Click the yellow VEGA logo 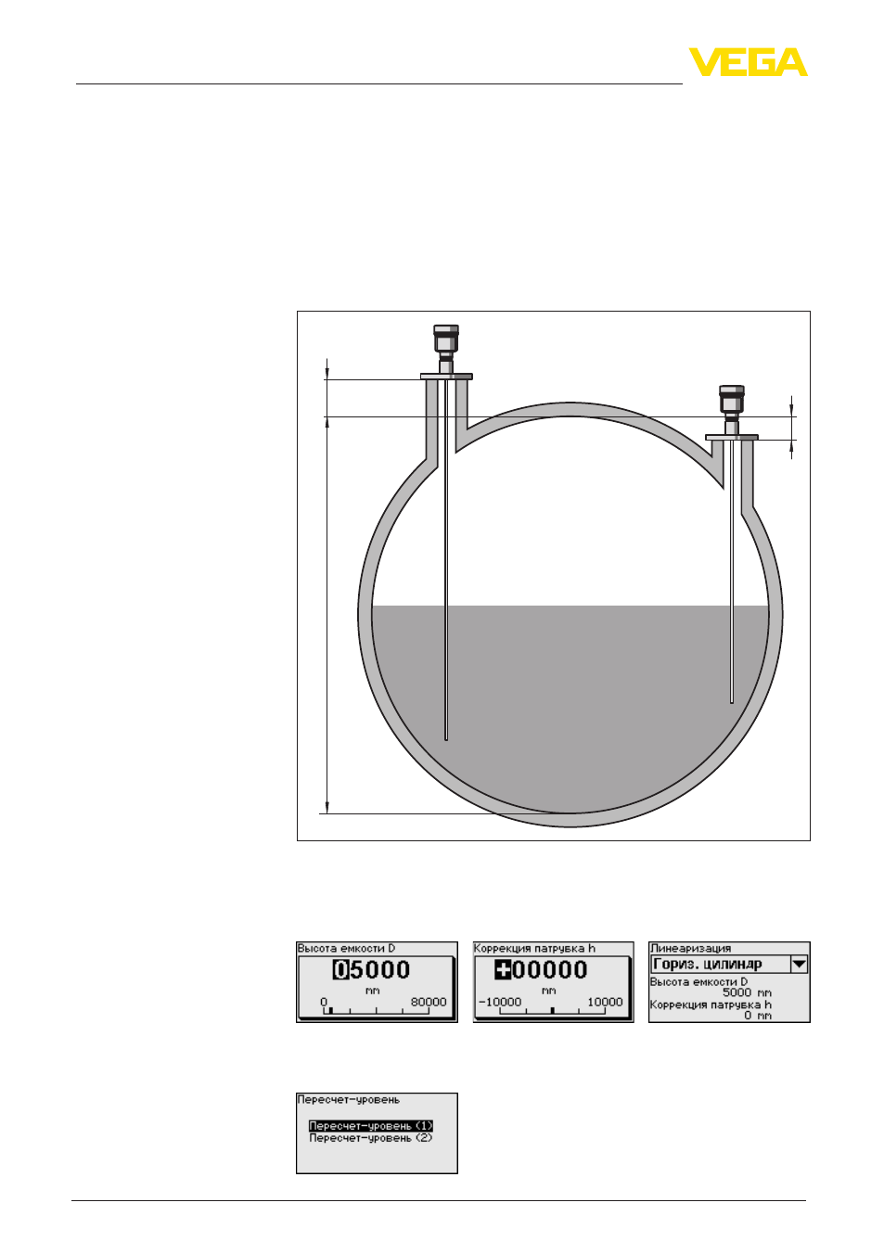[748, 62]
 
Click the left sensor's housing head [445, 339]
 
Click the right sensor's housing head [731, 399]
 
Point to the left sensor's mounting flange [446, 377]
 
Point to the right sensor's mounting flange [732, 437]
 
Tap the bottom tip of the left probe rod [446, 740]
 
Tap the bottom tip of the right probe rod [732, 702]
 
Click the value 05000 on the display [372, 969]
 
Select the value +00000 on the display [541, 969]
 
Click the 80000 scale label [429, 1002]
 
